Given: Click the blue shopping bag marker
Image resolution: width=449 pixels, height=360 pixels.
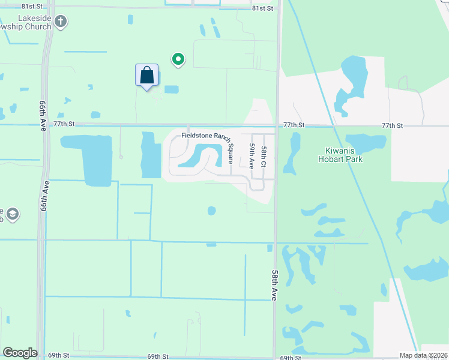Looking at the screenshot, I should point(146,76).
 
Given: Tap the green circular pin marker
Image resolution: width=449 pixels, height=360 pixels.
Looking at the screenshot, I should point(178,59).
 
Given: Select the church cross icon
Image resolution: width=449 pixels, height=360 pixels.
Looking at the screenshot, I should point(60,22).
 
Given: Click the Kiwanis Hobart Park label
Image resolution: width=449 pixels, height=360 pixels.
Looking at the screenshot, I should point(340,155).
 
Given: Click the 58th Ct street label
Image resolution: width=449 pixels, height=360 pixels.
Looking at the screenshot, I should point(264,156).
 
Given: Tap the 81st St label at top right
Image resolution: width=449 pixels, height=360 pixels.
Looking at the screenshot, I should point(262,8).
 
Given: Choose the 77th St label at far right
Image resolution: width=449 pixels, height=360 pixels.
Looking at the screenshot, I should point(392,125).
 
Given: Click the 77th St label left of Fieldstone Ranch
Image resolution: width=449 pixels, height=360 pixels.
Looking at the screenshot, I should point(64,124).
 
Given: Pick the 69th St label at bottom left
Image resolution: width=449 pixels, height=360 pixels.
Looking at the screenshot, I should point(59,355).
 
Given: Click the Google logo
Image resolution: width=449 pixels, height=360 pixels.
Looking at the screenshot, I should point(20,353).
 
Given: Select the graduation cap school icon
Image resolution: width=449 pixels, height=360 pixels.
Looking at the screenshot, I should point(13,214).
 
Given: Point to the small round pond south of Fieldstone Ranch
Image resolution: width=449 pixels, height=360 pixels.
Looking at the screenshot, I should point(211,210).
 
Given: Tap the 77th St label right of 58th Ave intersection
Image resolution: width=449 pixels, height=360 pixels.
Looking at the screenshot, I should point(294,125).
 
